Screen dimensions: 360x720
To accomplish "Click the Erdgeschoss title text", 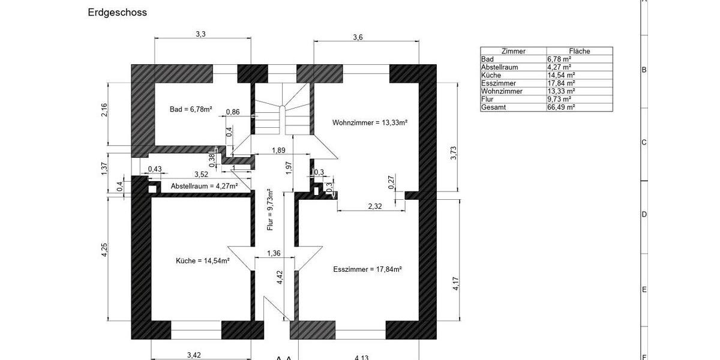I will point(117,12).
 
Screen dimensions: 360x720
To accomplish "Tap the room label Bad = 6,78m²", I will point(191,109).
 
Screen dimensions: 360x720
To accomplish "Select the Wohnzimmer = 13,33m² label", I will point(370,122).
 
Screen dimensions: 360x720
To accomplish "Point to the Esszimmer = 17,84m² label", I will point(367,269).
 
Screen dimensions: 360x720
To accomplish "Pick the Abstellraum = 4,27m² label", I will point(204,187).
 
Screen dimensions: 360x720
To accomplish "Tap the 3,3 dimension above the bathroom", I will point(200,35).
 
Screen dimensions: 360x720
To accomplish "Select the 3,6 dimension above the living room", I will point(358,37).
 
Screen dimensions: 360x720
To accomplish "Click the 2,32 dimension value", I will point(375,206).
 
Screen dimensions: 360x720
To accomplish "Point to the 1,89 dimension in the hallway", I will point(278,151).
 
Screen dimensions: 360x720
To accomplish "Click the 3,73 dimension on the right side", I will point(454,153).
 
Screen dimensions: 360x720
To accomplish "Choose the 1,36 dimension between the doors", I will point(273,253).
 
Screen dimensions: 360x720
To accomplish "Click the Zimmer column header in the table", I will point(513,52).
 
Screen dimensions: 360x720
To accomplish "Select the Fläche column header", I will point(579,52).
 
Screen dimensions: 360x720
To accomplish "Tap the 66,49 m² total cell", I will point(561,107).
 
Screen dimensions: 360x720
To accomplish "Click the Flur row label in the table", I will point(487,99).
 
